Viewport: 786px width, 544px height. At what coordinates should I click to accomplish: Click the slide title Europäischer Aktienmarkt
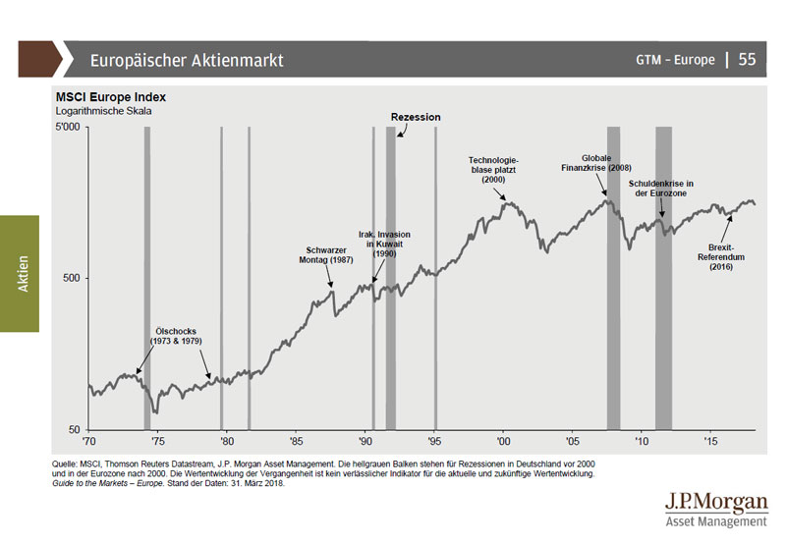[187, 60]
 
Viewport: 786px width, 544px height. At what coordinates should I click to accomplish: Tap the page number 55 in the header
[747, 60]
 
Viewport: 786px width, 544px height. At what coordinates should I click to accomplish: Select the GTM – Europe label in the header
[675, 60]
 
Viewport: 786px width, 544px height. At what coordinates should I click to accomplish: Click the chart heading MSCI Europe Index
[110, 97]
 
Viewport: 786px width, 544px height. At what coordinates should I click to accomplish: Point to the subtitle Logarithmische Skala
[104, 111]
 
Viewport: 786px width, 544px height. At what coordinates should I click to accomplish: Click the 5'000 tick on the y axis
[68, 127]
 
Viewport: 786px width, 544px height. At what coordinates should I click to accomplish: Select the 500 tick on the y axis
[73, 278]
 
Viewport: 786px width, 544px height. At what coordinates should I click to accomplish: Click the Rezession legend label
[416, 117]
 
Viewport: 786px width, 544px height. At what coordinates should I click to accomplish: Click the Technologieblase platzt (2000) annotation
[492, 170]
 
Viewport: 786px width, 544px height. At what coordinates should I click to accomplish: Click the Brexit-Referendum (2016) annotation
[728, 257]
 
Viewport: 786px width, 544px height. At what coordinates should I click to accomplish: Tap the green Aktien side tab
[20, 274]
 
